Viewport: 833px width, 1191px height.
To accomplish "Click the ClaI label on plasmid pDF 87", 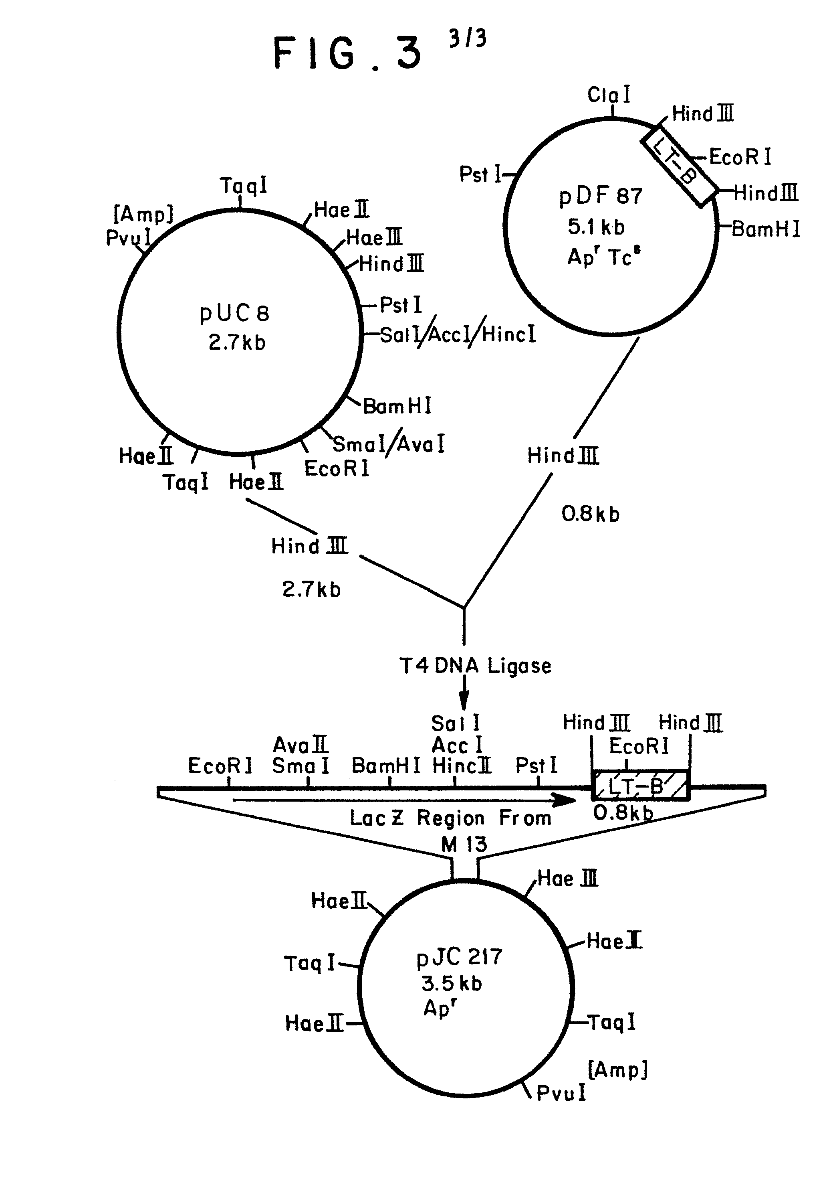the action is tap(609, 95).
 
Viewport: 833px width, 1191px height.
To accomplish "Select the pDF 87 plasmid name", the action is tap(601, 196).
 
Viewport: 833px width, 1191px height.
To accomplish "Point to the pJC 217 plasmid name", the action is tap(459, 956).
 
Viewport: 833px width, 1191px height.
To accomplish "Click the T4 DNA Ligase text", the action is tap(475, 666).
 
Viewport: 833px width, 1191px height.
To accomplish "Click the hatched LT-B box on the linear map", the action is tap(641, 786).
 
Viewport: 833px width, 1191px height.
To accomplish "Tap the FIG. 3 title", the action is tap(347, 53).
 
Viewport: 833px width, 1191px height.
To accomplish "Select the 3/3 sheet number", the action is tap(468, 38).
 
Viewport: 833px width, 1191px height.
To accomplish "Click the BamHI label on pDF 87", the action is tap(766, 229).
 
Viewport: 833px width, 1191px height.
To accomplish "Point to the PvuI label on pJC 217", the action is tap(561, 1093).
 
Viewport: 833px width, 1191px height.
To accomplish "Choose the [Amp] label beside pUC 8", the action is tap(143, 214).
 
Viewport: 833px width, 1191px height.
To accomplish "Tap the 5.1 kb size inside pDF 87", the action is tap(596, 227).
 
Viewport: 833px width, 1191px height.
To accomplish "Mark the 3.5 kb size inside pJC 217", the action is tap(452, 984).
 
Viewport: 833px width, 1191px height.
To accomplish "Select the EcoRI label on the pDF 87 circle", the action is tap(740, 157).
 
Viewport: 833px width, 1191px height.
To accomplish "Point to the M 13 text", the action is tap(464, 845).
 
